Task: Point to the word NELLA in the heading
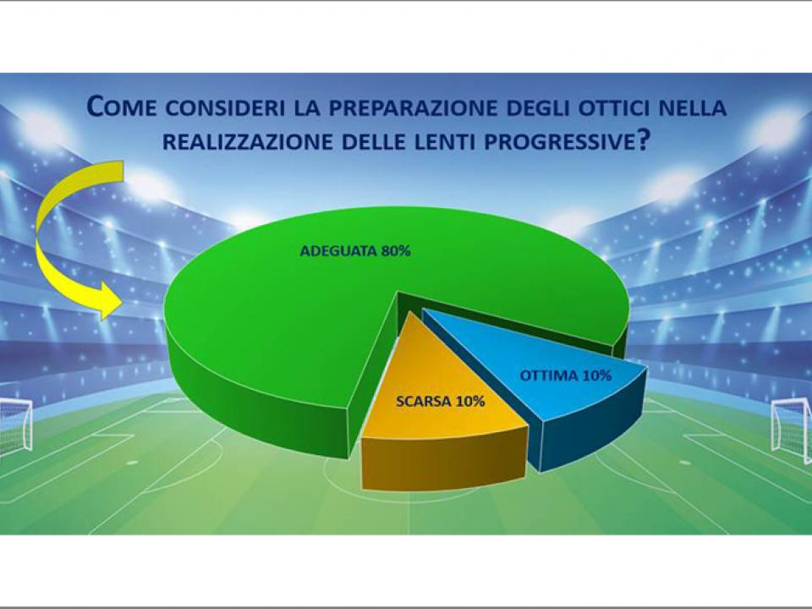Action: tap(693, 107)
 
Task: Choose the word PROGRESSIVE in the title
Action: tap(559, 141)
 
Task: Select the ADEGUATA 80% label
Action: tap(355, 251)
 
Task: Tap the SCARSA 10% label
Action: tap(440, 401)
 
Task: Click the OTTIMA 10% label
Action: tap(566, 376)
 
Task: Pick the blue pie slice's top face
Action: tap(549, 363)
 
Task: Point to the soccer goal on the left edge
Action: tap(15, 425)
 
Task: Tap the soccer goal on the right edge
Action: tap(793, 429)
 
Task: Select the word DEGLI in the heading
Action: tap(538, 107)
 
